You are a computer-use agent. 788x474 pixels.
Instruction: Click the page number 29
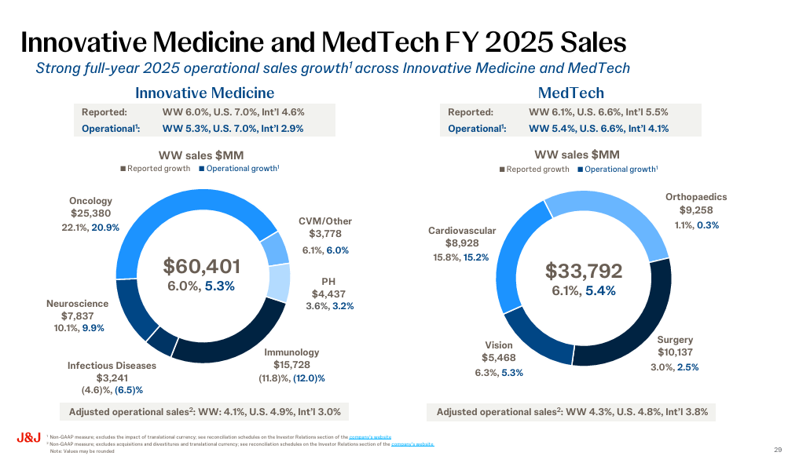point(777,450)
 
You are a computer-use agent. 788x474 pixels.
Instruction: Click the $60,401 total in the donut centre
point(201,266)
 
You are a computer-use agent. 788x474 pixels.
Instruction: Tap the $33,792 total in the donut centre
point(584,271)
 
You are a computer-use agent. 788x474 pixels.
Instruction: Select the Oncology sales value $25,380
point(90,213)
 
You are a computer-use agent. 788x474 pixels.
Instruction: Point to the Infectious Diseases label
point(112,366)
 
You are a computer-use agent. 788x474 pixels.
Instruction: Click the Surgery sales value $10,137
point(675,352)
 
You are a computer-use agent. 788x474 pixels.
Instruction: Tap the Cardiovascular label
point(462,231)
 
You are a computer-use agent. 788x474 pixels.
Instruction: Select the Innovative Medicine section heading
point(204,93)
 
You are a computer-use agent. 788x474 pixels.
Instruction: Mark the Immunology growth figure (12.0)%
point(309,378)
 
